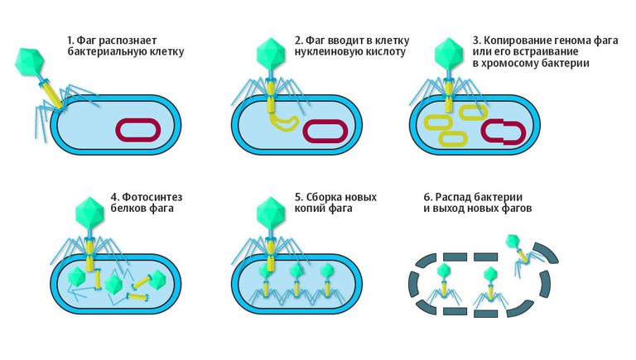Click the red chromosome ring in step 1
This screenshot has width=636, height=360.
[138, 120]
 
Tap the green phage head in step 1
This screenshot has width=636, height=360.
[29, 61]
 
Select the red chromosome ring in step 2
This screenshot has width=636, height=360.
[325, 122]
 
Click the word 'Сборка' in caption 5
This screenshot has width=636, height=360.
[324, 198]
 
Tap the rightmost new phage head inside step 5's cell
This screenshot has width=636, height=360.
[326, 271]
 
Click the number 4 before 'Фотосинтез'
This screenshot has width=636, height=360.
[115, 198]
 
